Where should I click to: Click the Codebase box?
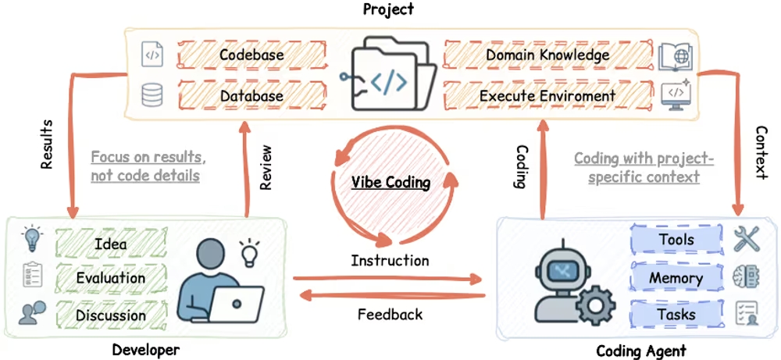[x=251, y=55]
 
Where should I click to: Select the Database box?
[x=251, y=95]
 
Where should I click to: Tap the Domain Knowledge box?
[x=547, y=55]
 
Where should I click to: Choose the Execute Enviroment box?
[x=547, y=95]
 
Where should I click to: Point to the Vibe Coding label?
[x=391, y=182]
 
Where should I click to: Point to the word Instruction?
[x=390, y=260]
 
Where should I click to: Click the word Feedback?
[x=390, y=315]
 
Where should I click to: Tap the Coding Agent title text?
[x=641, y=351]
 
